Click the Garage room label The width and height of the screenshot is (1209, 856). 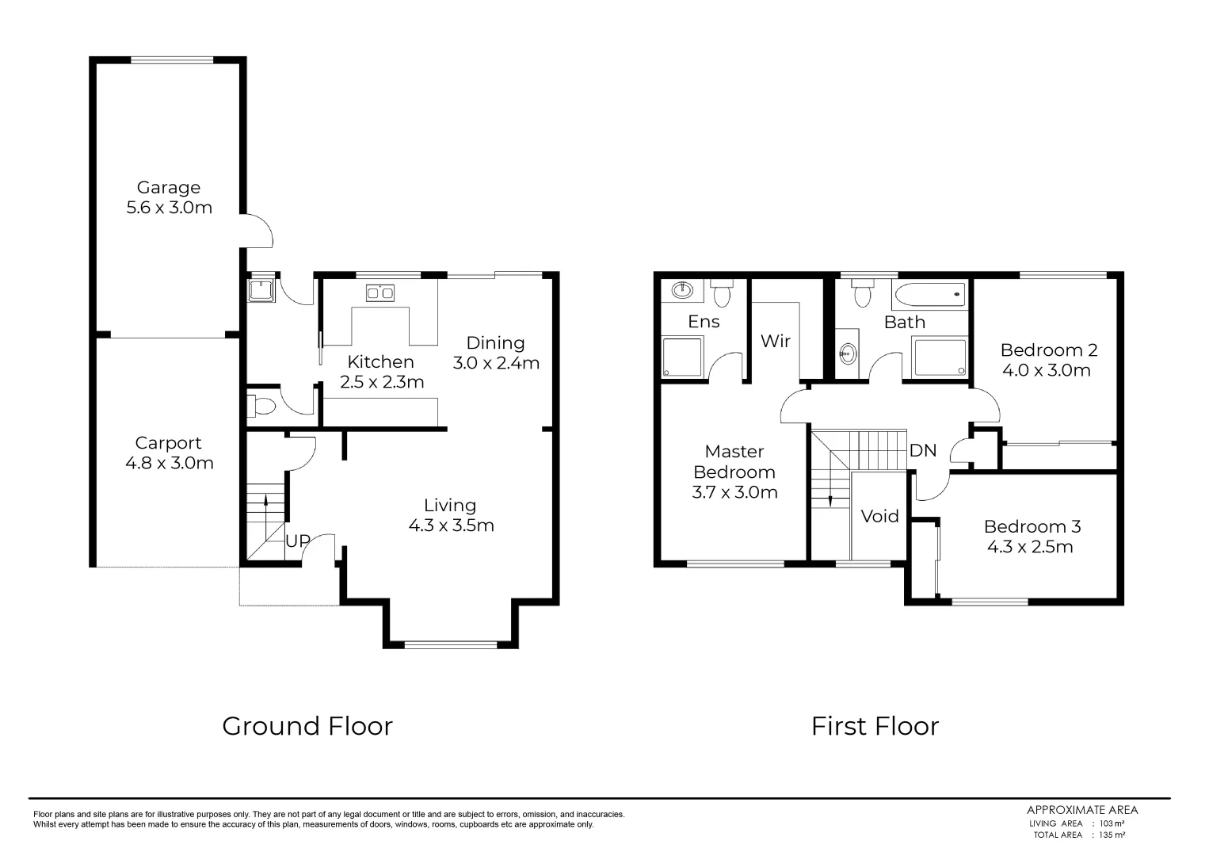(169, 188)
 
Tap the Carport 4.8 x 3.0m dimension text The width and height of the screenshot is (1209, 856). (170, 463)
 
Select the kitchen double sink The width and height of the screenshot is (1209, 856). (380, 294)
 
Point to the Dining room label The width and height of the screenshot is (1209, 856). (495, 343)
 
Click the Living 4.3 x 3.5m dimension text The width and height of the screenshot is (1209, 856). (451, 525)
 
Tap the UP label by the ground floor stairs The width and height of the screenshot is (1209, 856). (298, 541)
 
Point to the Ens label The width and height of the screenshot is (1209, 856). (704, 321)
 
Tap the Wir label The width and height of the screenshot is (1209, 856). (775, 341)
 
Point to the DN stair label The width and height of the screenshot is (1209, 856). (922, 451)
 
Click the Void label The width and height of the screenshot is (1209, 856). (879, 517)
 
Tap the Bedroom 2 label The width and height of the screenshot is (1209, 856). (1048, 350)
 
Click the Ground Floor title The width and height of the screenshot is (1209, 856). (307, 726)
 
